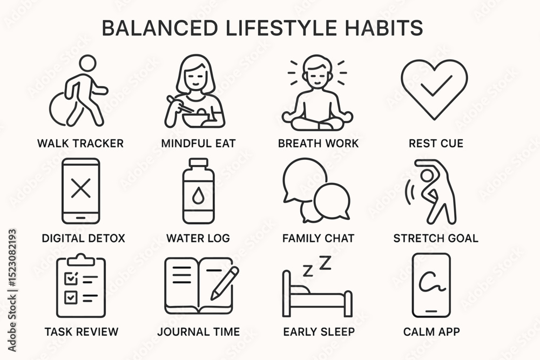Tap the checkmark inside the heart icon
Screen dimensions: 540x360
(x=436, y=86)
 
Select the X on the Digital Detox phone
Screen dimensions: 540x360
(x=80, y=188)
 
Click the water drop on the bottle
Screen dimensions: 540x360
(x=198, y=195)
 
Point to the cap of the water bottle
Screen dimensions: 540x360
(x=198, y=162)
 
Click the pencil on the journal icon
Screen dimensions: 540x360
(x=225, y=283)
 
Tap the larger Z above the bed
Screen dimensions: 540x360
(x=325, y=263)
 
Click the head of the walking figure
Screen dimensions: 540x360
(x=87, y=64)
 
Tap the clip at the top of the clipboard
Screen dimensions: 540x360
(x=81, y=260)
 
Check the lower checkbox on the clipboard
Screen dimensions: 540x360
(x=71, y=297)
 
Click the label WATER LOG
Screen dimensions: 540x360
(x=198, y=238)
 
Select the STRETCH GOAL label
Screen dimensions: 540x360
(x=436, y=238)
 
